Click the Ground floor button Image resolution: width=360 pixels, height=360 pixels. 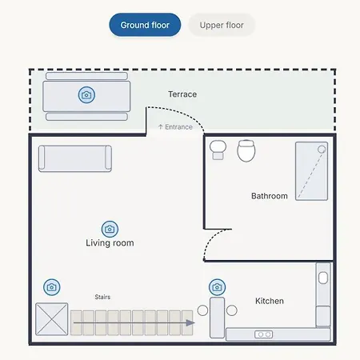tap(145, 25)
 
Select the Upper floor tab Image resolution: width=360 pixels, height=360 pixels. tap(222, 25)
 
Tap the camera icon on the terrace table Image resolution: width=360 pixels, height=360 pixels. tap(86, 94)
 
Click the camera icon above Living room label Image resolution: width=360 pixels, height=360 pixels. tap(110, 229)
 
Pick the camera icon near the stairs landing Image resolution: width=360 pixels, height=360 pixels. tap(51, 287)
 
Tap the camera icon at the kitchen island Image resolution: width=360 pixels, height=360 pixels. tap(217, 287)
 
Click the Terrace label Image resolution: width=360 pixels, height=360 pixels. tap(182, 94)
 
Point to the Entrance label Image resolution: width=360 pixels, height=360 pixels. tap(175, 127)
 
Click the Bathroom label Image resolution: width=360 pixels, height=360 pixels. tap(270, 196)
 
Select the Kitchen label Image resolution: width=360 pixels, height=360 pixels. tap(270, 301)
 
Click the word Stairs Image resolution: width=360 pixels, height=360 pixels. tap(102, 297)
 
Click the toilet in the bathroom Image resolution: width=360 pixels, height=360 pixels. tap(246, 151)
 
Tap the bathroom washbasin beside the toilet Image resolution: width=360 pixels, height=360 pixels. tap(218, 150)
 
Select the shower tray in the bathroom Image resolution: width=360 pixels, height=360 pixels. tap(311, 171)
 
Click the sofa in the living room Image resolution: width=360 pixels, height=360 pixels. tap(75, 158)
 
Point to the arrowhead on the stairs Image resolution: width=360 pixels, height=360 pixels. tap(190, 323)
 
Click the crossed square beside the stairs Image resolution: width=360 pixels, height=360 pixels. tap(52, 319)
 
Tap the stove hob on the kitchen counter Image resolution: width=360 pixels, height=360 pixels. tap(263, 334)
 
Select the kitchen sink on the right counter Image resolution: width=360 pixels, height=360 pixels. tap(323, 278)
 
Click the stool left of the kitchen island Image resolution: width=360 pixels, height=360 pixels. tap(202, 310)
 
